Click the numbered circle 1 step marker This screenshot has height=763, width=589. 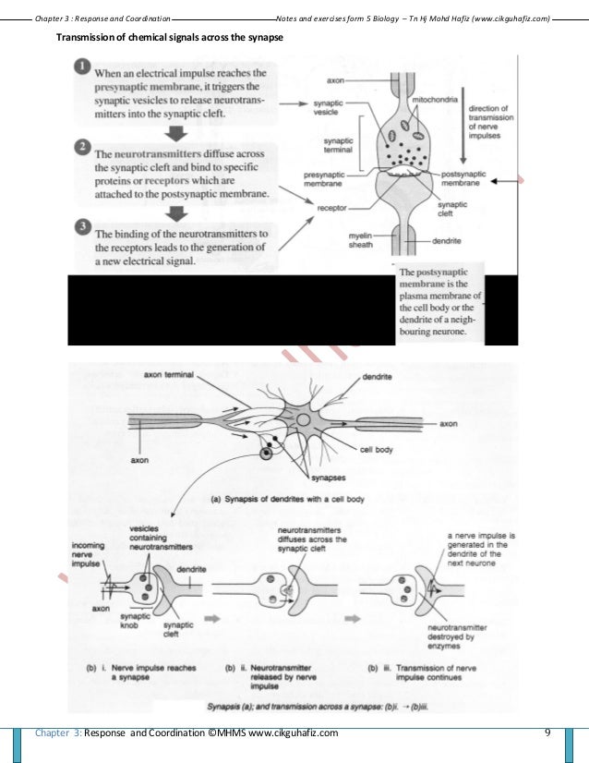pyautogui.click(x=81, y=67)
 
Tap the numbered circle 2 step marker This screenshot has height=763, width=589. pyautogui.click(x=81, y=148)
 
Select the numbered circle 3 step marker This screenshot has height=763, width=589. pyautogui.click(x=81, y=227)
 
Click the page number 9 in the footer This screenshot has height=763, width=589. pyautogui.click(x=547, y=733)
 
